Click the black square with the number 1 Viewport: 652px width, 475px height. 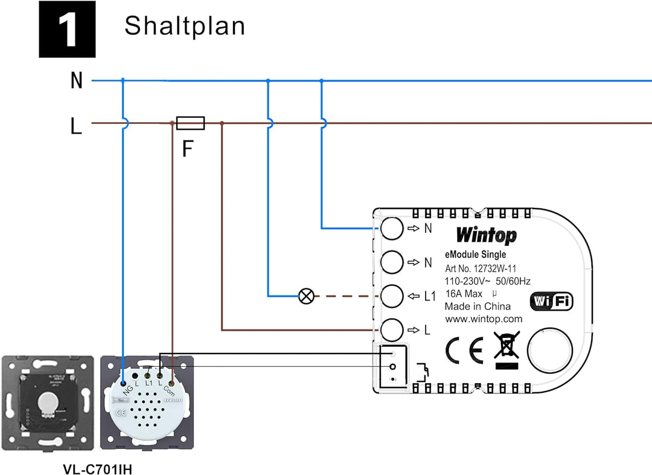67,29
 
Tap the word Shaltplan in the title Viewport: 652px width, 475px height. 185,26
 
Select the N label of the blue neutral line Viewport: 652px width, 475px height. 77,80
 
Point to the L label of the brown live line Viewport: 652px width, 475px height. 76,126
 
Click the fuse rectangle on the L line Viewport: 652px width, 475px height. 190,123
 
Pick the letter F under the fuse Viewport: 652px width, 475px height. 188,149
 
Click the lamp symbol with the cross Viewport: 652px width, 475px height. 307,296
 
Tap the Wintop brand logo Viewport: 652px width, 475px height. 486,235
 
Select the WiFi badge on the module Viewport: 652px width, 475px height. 551,302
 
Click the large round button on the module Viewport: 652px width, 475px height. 549,351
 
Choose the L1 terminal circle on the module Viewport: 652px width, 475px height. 391,296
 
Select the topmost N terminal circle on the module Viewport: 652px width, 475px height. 391,228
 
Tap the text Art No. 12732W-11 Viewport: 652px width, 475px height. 481,268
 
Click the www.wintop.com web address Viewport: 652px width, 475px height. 484,319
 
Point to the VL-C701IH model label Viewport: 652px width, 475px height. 97,469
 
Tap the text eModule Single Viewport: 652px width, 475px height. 476,255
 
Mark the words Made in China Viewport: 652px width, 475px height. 478,306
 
